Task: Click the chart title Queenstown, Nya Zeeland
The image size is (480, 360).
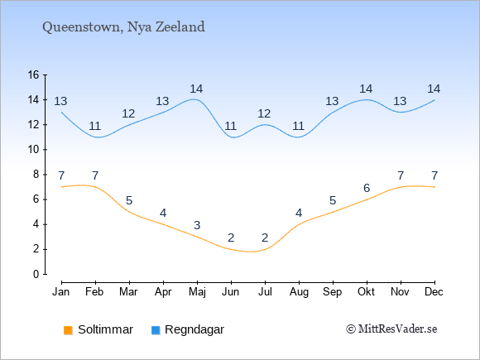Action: pos(123,27)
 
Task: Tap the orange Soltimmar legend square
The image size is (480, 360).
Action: pos(68,330)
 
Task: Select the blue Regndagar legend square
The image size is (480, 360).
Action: pos(156,330)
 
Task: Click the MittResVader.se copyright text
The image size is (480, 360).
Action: pos(391,329)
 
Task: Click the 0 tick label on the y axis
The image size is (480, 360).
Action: pos(36,274)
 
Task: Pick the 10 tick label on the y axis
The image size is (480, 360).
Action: pos(34,150)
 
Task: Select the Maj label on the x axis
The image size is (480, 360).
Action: pos(197,292)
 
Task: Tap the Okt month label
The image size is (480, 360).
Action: pos(366,292)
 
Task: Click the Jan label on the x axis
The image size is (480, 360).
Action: pos(61,292)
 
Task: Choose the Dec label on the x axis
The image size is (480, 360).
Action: pos(434,292)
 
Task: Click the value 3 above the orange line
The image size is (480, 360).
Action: pos(197,225)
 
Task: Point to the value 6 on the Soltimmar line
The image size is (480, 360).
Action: pos(367,188)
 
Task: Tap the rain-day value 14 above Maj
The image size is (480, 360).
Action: pos(196,89)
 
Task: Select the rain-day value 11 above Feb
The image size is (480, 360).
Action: pos(95,126)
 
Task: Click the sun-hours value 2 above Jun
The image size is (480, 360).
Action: pos(231,238)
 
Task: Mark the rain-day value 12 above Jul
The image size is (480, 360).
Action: pos(264,114)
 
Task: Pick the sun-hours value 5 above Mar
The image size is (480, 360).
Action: pos(129,201)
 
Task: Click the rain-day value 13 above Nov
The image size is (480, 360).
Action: pos(400,101)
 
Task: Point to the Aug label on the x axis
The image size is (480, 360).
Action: pos(299,292)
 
